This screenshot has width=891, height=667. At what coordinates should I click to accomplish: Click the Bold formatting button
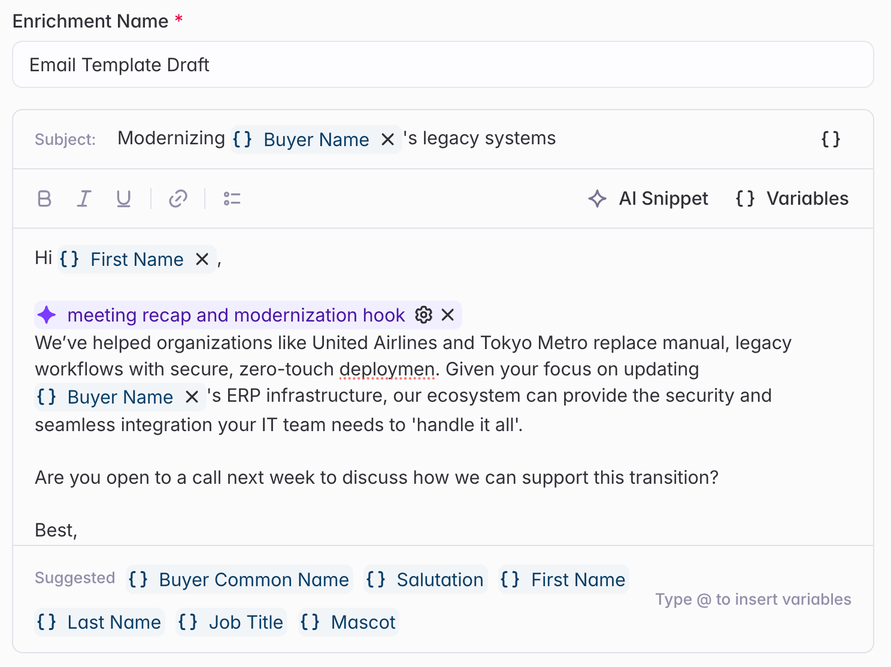[44, 199]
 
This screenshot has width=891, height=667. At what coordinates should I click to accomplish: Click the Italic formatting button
[84, 199]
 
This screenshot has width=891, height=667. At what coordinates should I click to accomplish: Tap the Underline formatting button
[123, 199]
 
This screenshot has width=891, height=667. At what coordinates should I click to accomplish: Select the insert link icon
[178, 199]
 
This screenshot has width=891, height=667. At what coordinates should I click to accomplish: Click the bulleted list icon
[232, 199]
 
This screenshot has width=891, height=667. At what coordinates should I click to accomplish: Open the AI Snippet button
[648, 199]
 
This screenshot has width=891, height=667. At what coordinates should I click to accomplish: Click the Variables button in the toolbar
[792, 199]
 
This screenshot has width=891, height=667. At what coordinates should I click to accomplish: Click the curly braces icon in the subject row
[831, 139]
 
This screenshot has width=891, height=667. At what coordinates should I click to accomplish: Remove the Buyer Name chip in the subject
[387, 140]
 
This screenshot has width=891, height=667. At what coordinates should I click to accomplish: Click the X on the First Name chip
[202, 259]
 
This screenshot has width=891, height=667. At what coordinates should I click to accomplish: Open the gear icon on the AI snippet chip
[423, 315]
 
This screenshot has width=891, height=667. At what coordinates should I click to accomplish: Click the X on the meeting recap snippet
[448, 315]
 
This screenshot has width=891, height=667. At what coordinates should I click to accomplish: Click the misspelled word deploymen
[387, 369]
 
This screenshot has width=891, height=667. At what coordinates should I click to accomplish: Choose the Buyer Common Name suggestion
[239, 580]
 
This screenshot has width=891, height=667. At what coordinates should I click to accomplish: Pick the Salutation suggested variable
[425, 580]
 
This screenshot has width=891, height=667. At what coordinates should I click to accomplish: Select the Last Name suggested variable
[99, 622]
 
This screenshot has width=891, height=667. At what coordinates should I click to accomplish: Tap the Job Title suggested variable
[231, 622]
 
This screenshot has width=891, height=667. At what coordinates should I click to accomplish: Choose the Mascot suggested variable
[348, 622]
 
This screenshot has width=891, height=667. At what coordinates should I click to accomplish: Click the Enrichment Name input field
[443, 65]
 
